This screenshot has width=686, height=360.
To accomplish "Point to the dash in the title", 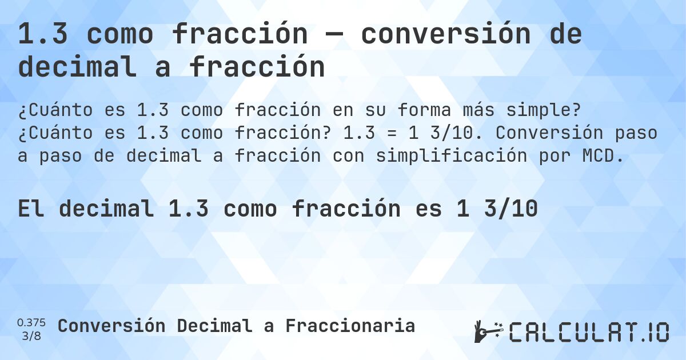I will pyautogui.click(x=334, y=35).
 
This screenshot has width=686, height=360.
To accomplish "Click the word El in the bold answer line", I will pyautogui.click(x=31, y=209).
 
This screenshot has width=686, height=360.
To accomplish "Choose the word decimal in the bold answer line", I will pyautogui.click(x=106, y=209).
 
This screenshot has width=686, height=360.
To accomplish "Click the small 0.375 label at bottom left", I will pyautogui.click(x=31, y=322).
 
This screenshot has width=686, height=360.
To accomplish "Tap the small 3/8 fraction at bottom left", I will pyautogui.click(x=31, y=335).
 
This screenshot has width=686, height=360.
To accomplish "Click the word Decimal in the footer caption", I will pyautogui.click(x=214, y=326).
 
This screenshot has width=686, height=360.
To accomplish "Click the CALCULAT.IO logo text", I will pyautogui.click(x=589, y=332).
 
